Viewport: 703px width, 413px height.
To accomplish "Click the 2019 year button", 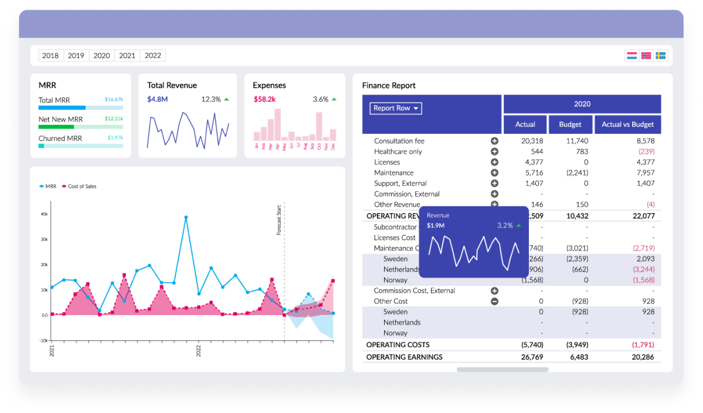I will click(76, 56).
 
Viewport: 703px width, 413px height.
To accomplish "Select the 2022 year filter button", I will click(152, 56).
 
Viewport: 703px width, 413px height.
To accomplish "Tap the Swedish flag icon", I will click(660, 56).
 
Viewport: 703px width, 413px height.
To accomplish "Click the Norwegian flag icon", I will click(646, 56).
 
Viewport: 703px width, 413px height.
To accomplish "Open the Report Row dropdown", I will click(396, 108).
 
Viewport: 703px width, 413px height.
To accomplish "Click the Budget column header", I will click(570, 124).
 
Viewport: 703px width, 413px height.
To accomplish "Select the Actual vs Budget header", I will click(627, 124).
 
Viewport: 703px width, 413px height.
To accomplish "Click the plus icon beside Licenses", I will click(494, 163).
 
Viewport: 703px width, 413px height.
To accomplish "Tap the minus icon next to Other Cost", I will click(494, 302).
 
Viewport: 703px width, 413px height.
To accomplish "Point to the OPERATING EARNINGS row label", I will click(404, 357).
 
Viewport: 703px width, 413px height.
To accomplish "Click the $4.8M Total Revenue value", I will click(157, 99).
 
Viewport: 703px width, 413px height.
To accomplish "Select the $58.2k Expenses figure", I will click(265, 99).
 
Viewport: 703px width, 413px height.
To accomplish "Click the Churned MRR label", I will click(60, 138).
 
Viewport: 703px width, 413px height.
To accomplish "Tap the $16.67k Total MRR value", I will click(114, 100).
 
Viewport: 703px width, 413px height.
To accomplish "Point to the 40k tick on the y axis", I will click(44, 214).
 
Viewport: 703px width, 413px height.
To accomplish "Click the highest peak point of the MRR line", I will click(186, 218).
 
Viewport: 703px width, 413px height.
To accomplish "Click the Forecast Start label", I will click(279, 220).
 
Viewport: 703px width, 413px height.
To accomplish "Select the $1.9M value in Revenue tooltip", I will click(435, 225).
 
